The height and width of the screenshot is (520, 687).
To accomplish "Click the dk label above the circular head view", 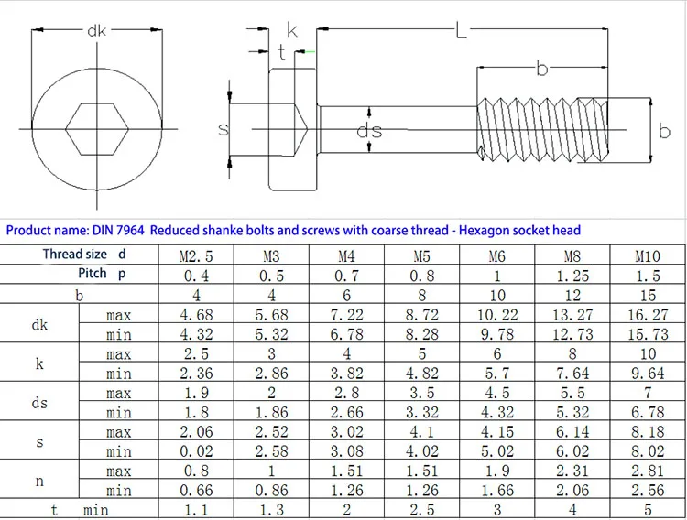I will [97, 31].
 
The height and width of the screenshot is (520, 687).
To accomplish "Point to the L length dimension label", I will [461, 32].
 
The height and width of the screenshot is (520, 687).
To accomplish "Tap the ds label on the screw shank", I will [369, 131].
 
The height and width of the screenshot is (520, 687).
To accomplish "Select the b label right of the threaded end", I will [665, 132].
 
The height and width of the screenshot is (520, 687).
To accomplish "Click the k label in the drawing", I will [292, 29].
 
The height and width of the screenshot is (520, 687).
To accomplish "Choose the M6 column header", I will [496, 256].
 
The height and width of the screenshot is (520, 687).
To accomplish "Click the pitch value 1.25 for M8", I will [572, 276].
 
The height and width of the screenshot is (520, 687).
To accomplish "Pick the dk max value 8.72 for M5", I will [421, 315].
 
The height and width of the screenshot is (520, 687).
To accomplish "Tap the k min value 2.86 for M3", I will [272, 374].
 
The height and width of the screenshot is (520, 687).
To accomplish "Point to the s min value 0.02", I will [196, 451].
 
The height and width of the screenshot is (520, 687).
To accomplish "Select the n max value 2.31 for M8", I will [572, 471].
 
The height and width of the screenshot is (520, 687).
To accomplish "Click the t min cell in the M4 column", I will [346, 510].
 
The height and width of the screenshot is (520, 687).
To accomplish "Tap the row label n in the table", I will [39, 481].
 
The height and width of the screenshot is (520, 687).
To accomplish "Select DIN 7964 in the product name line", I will [121, 231].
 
